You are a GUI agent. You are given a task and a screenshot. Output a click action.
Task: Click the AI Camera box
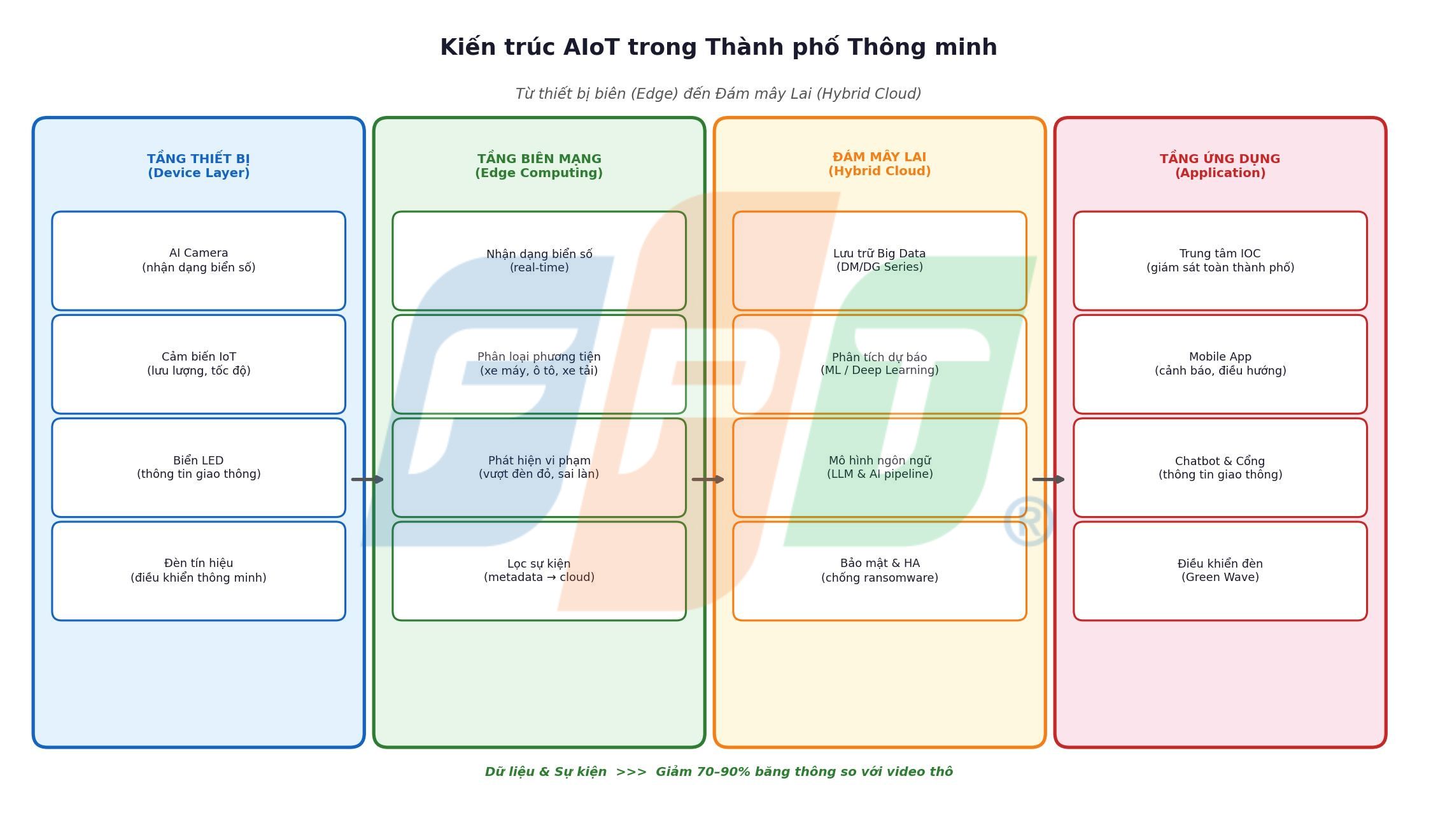[199, 261]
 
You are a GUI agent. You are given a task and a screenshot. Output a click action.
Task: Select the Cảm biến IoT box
[199, 364]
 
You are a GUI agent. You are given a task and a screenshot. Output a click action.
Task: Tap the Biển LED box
[199, 467]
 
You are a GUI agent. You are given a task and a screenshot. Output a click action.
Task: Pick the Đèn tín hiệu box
[199, 570]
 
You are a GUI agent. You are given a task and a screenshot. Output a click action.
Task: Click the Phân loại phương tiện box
[539, 364]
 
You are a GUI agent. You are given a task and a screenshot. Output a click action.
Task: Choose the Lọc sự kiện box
[539, 570]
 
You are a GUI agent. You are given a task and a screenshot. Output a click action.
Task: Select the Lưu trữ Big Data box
[879, 261]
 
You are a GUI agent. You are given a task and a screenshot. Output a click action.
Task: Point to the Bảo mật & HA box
[879, 570]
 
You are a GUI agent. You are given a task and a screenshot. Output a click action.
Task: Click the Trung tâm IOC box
[1220, 261]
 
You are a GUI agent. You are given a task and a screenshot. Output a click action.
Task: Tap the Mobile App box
[1220, 364]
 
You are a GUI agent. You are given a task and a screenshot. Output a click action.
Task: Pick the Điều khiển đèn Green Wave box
[1220, 570]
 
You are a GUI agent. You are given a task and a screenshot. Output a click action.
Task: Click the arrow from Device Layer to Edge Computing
[368, 479]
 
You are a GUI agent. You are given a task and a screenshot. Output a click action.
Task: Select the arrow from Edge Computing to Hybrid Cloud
[708, 479]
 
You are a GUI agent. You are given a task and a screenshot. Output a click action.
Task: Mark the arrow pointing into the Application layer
[1048, 479]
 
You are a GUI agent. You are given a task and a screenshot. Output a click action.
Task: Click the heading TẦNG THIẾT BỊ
[199, 159]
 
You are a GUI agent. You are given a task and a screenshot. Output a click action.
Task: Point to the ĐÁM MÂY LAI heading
[879, 157]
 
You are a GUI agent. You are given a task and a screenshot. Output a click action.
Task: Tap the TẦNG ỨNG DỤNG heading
[1220, 159]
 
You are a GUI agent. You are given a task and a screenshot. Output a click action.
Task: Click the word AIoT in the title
[591, 48]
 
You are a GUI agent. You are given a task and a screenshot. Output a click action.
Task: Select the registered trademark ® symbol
[1028, 522]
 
